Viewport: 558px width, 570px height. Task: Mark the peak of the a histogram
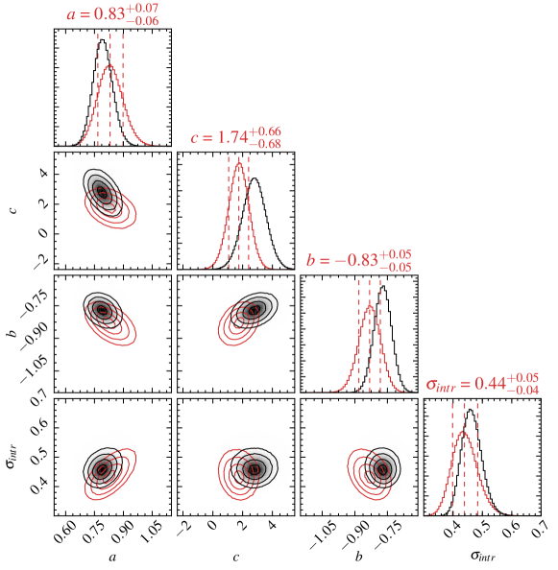[x=109, y=65]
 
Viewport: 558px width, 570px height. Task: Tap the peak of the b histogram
[x=370, y=304]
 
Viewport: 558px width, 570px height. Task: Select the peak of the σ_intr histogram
[x=464, y=430]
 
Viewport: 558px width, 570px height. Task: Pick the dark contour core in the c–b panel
[x=255, y=310]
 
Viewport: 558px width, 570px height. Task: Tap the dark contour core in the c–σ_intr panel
[x=254, y=469]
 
